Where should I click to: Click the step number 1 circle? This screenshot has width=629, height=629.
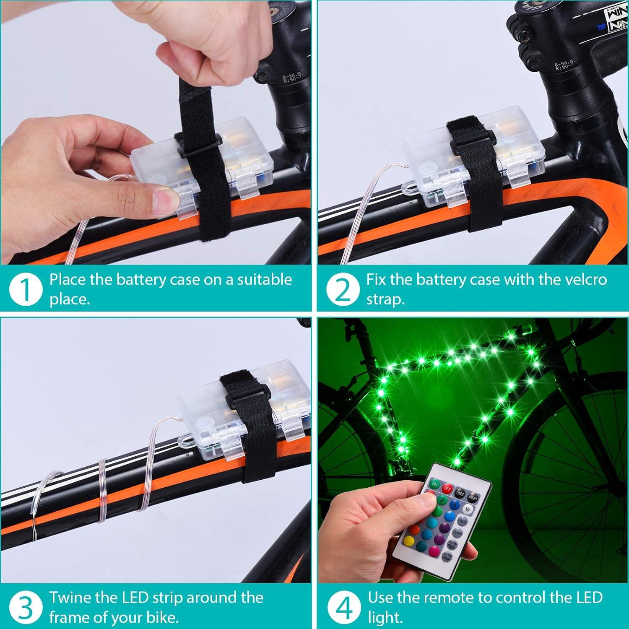point(26,289)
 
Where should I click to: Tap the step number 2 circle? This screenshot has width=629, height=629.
point(343,289)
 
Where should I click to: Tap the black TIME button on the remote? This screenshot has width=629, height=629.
point(460,494)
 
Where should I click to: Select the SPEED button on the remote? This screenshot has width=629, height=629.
point(473,498)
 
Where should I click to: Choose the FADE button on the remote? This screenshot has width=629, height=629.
point(463,521)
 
